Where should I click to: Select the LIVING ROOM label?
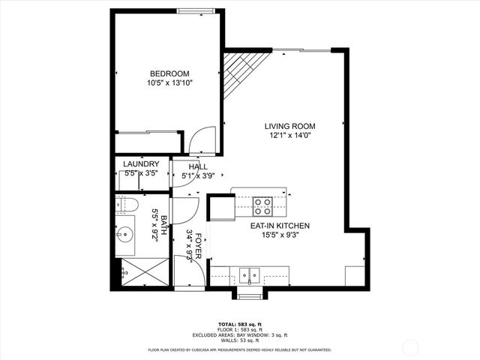click(x=289, y=126)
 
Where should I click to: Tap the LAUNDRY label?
click(x=140, y=164)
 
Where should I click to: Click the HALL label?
click(x=198, y=167)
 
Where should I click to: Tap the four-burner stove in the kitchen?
click(x=262, y=205)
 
